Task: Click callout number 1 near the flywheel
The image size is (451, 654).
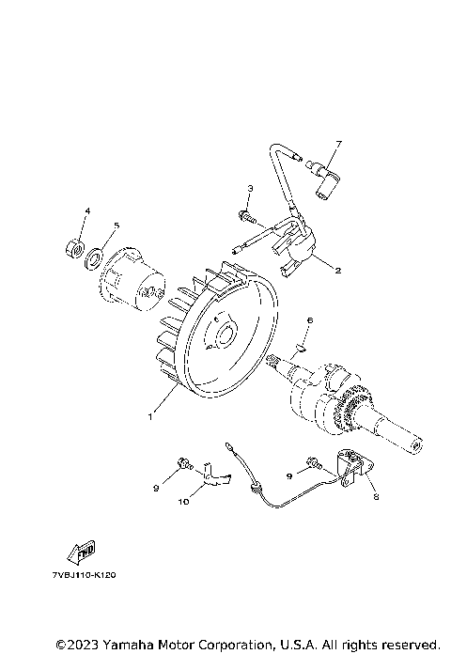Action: [x=150, y=416]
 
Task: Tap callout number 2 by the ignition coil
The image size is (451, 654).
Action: [x=338, y=271]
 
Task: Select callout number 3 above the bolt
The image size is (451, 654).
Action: [x=250, y=189]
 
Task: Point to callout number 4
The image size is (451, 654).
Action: [x=87, y=211]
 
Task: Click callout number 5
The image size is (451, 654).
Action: [x=117, y=226]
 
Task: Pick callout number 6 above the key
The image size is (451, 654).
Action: [x=309, y=320]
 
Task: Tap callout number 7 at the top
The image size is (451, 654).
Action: [x=339, y=144]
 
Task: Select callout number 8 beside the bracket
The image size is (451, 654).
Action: [x=376, y=496]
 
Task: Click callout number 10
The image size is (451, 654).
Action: [x=183, y=502]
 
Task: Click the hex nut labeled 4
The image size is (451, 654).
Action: [x=75, y=249]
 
